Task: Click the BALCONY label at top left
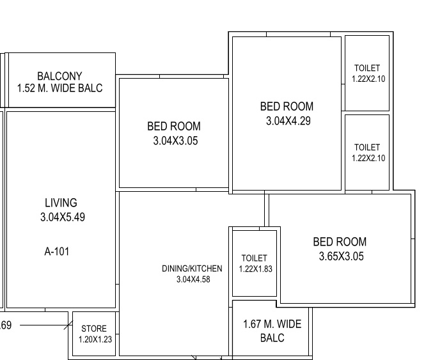point(59,76)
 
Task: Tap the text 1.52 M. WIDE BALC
point(59,88)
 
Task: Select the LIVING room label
point(61,203)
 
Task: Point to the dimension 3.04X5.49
point(62,217)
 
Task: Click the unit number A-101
point(57,251)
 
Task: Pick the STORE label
point(94,329)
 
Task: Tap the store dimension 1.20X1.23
point(95,340)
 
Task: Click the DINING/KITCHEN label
point(192,269)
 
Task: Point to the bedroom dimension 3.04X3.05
point(173,140)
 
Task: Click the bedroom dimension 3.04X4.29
point(288,120)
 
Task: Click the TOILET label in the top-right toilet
point(367,68)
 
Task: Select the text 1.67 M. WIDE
point(272,324)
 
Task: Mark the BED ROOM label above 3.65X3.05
point(340,242)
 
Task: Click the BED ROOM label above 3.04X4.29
point(287,106)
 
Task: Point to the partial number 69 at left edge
point(5,325)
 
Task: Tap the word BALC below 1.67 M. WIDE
point(272,338)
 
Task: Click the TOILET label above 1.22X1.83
point(254,258)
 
